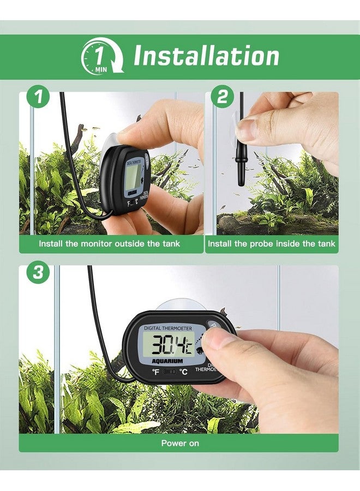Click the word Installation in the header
pyautogui.click(x=206, y=56)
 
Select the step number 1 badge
pyautogui.click(x=38, y=98)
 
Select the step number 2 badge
pyautogui.click(x=222, y=98)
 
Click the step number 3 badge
pyautogui.click(x=38, y=273)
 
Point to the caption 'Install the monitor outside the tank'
pyautogui.click(x=109, y=244)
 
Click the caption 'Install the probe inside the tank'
pyautogui.click(x=272, y=244)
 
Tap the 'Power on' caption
pyautogui.click(x=180, y=443)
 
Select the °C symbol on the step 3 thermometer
pyautogui.click(x=184, y=372)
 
